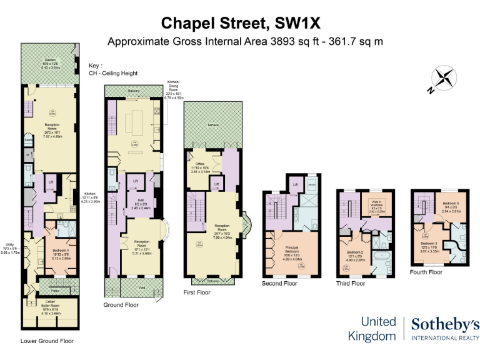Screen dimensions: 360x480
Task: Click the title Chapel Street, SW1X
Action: [x=240, y=23]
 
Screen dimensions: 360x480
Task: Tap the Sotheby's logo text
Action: [x=445, y=324]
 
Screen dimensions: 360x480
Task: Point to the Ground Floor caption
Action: [x=121, y=304]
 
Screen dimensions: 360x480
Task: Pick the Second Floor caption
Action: [x=279, y=284]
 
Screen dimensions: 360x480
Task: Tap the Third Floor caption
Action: [x=350, y=283]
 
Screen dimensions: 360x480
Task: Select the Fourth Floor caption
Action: [x=426, y=272]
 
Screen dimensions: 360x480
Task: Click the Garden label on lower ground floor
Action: [x=50, y=60]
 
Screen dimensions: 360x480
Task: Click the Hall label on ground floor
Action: [x=141, y=201]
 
